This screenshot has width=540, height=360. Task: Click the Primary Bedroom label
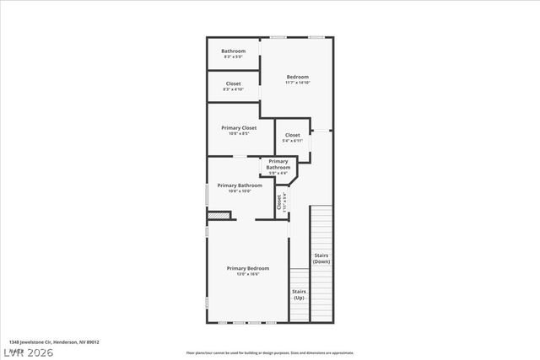(248, 268)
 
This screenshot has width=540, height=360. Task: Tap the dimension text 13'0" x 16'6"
(248, 274)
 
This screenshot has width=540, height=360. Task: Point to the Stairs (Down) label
(321, 258)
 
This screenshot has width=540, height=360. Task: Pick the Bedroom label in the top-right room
(297, 77)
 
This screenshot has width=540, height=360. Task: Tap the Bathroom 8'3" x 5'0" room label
(234, 51)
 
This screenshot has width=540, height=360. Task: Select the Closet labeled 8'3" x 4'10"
(233, 83)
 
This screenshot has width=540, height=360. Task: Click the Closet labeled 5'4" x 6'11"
(292, 135)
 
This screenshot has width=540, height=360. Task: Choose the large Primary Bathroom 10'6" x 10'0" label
(239, 185)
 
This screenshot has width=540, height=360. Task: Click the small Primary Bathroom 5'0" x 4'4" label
(278, 164)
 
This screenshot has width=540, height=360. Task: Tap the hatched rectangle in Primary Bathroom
(219, 216)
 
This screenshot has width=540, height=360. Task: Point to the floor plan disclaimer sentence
(270, 352)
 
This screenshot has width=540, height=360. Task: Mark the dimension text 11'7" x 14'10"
(297, 83)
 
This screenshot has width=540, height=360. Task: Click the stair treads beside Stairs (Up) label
(299, 279)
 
